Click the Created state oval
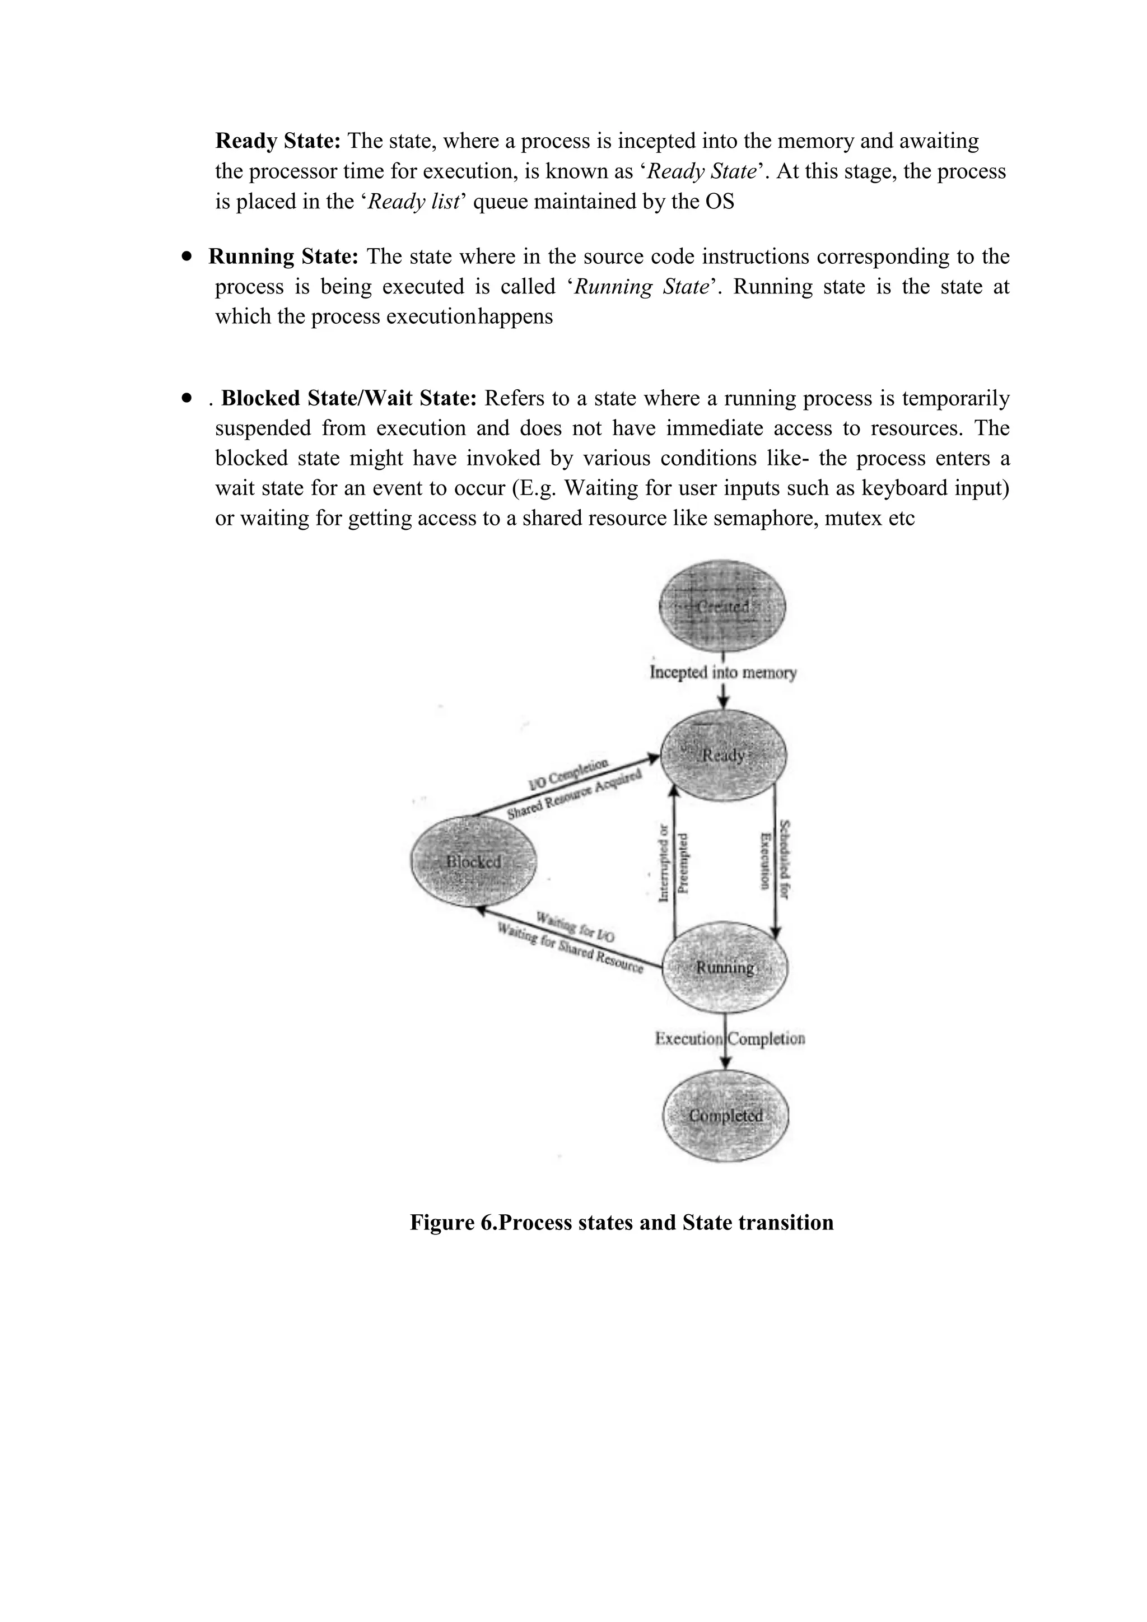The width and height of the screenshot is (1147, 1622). click(722, 607)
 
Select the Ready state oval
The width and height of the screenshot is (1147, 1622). click(723, 755)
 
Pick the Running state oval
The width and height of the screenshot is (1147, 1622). click(725, 967)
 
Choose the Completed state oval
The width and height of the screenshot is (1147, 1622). click(726, 1116)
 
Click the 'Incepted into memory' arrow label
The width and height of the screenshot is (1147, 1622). click(722, 672)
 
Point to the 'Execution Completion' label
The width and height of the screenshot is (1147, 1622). click(730, 1038)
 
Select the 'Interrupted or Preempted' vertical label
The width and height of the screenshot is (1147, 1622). click(673, 863)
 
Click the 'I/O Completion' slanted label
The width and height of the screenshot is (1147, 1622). click(568, 773)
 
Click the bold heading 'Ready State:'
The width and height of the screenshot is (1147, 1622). click(278, 141)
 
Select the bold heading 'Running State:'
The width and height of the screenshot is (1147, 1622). click(283, 257)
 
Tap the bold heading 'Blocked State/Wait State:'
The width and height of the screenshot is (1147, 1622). click(349, 398)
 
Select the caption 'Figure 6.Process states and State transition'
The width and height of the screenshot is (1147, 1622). click(622, 1223)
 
